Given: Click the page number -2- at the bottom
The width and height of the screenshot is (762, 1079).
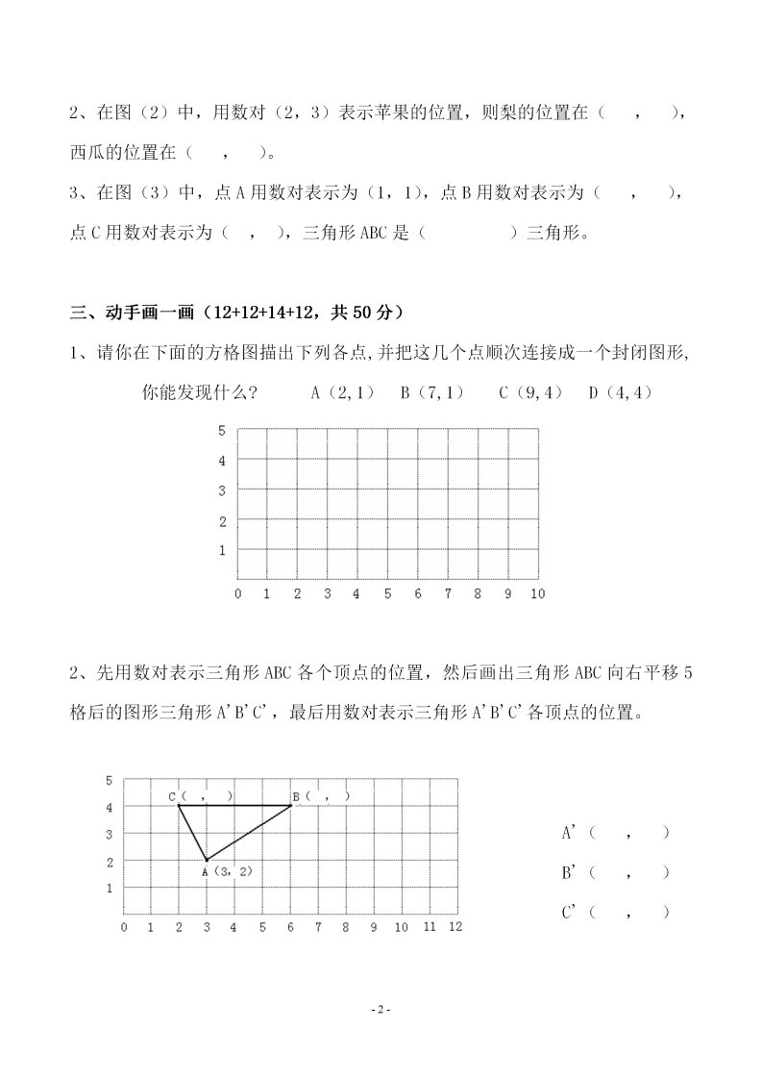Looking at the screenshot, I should pyautogui.click(x=381, y=1010).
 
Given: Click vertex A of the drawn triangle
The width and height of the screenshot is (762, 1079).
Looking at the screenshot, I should pyautogui.click(x=207, y=860).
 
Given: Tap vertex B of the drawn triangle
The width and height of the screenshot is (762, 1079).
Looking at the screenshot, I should pyautogui.click(x=291, y=805).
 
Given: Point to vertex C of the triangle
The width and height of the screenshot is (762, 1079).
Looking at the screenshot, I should pyautogui.click(x=179, y=805).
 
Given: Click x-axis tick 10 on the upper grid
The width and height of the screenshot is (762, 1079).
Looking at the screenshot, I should pyautogui.click(x=537, y=593).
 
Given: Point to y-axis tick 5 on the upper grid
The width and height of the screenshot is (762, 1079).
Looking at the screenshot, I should pyautogui.click(x=221, y=430).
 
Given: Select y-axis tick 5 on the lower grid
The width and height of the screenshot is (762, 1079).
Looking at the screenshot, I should pyautogui.click(x=110, y=779).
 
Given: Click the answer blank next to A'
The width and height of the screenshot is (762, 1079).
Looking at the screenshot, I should pyautogui.click(x=629, y=833).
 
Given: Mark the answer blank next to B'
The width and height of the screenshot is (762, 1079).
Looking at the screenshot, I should pyautogui.click(x=629, y=873).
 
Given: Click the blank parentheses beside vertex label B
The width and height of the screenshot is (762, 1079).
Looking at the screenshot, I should pyautogui.click(x=328, y=796).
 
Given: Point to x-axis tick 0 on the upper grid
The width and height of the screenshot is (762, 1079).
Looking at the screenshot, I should pyautogui.click(x=238, y=593).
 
